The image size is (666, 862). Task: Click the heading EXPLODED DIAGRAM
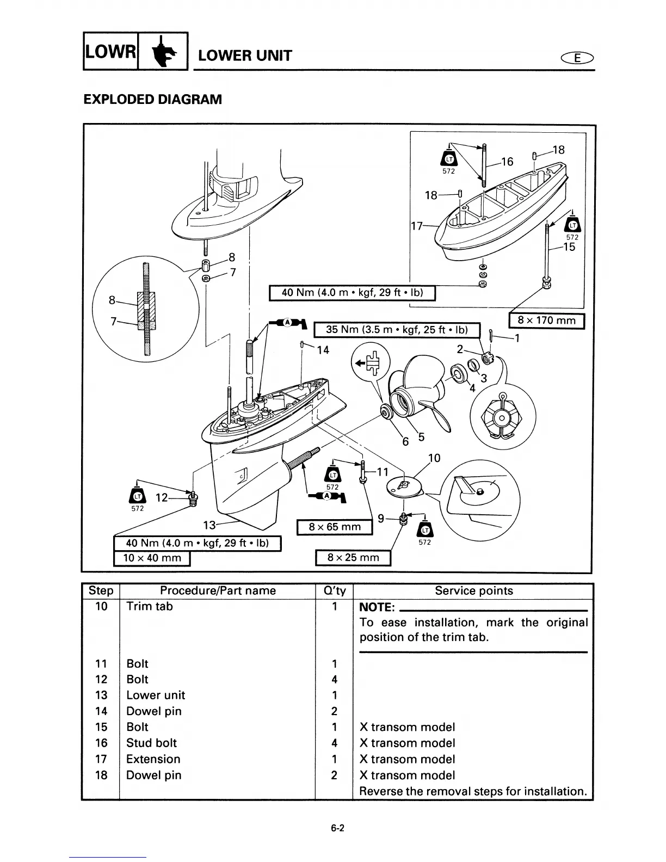click(152, 100)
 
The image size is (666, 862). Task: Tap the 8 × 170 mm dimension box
click(546, 321)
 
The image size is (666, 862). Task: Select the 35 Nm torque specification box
click(397, 330)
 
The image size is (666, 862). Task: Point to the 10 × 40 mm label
click(152, 558)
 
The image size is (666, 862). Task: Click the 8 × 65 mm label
click(334, 527)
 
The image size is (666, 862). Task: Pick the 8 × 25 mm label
click(353, 558)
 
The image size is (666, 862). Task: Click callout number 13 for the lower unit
click(209, 525)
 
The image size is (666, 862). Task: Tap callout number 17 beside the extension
click(417, 226)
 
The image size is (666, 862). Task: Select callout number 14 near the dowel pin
click(323, 350)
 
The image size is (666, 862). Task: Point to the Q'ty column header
click(334, 591)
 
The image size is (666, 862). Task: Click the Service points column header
click(473, 591)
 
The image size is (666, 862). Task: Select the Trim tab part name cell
click(149, 606)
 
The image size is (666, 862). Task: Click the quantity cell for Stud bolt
click(334, 743)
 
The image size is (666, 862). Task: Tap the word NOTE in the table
click(376, 607)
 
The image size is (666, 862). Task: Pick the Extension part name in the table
click(153, 759)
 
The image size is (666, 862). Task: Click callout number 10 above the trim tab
click(434, 458)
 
